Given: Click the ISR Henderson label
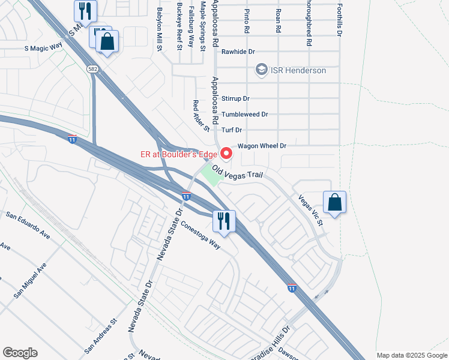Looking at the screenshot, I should click(298, 71).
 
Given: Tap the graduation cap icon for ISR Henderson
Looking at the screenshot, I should click(261, 70).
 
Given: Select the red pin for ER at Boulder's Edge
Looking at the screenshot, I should click(226, 154).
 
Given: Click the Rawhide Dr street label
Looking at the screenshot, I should click(239, 52).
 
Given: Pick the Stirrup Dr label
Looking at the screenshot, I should click(235, 98).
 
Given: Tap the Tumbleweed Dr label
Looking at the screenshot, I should click(244, 114).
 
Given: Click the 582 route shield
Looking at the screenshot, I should click(92, 69).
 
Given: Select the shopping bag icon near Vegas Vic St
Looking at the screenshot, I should click(334, 202).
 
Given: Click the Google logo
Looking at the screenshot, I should click(20, 353).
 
